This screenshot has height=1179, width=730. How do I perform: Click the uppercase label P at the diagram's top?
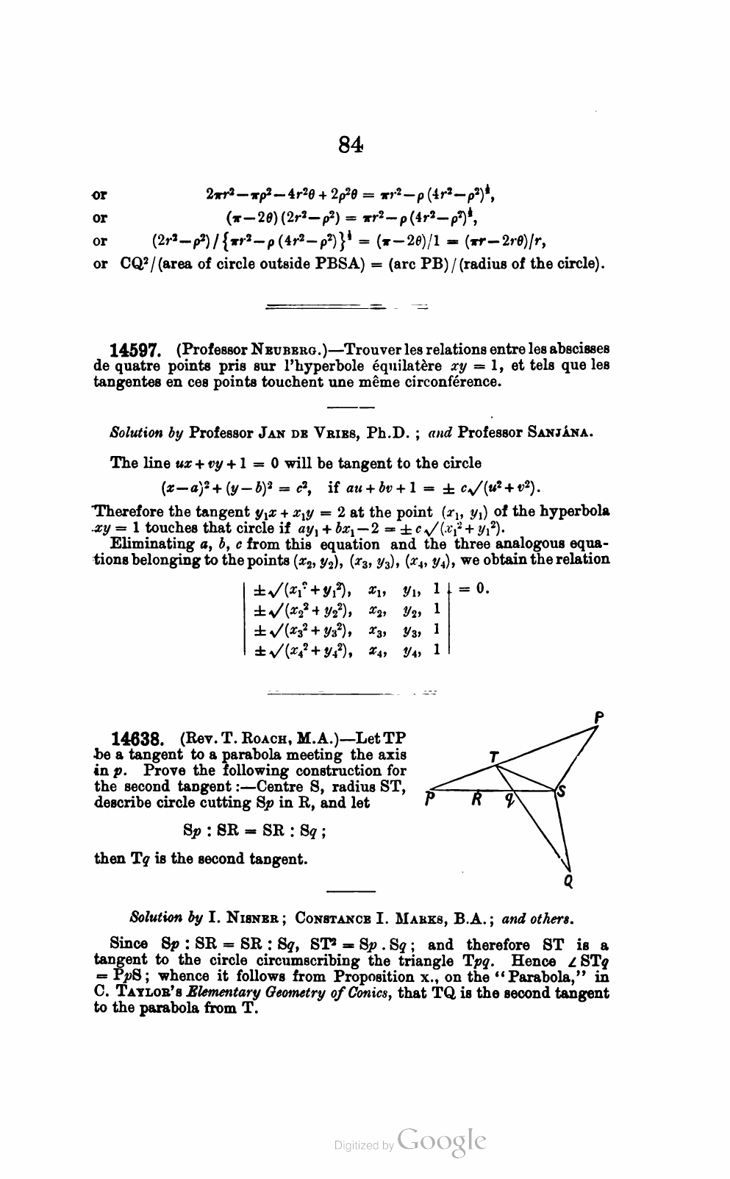tap(599, 716)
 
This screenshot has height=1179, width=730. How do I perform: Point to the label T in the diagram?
tap(494, 756)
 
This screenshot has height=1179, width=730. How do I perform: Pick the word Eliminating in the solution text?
tap(146, 544)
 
